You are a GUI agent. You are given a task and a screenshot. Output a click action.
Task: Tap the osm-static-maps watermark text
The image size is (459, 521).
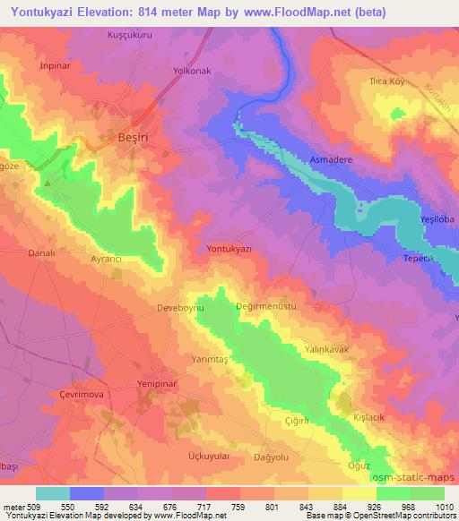(x=414, y=478)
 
